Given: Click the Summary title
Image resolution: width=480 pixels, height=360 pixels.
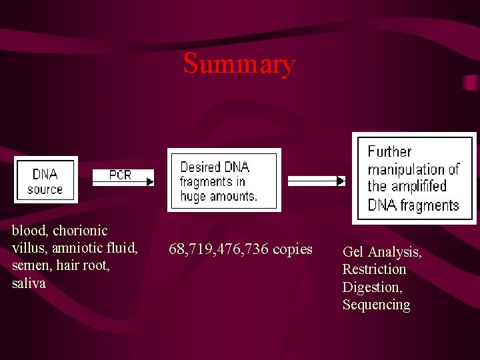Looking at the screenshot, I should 239,64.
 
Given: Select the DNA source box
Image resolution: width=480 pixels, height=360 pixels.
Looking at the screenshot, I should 45,181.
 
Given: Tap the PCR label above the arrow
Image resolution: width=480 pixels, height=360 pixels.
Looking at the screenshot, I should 120,175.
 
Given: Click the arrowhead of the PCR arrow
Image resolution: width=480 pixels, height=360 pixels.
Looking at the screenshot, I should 150,181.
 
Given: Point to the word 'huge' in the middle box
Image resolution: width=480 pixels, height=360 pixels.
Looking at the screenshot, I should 193,197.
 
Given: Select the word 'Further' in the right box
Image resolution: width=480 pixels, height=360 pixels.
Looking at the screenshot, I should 389,152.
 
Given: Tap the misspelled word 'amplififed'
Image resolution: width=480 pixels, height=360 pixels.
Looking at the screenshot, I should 417,187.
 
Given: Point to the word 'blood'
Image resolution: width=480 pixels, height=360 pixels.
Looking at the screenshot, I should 29,231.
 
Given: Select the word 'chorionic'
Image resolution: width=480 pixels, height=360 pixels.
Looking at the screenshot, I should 80,231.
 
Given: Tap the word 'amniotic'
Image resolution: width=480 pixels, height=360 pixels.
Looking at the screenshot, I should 74,248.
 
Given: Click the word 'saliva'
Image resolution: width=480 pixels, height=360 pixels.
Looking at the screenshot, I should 29,283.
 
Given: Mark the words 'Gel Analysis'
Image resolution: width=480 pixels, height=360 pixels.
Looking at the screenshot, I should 381,252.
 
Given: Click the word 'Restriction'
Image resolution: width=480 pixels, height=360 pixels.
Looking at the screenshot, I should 374,269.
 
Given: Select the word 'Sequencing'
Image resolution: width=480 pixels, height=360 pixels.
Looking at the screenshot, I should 376,305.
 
